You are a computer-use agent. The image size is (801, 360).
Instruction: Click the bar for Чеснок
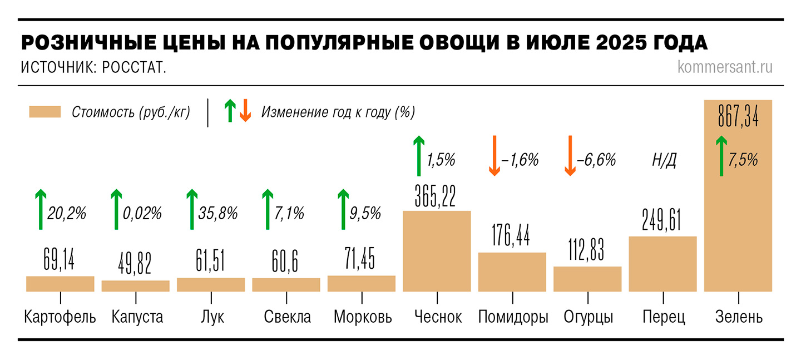pos(437,251)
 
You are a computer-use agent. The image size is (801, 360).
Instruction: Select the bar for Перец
pos(662,264)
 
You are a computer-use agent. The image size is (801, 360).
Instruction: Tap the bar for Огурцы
pos(587,279)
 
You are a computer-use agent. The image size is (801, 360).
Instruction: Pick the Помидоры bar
pos(512,272)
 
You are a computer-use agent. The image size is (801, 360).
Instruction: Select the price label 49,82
pos(135,263)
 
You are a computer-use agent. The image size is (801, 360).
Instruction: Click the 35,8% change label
pos(218,213)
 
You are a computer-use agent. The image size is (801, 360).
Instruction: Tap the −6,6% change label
pos(596,160)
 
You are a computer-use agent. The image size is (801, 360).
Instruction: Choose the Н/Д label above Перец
pos(664,161)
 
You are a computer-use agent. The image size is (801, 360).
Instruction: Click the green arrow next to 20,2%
pos(40,209)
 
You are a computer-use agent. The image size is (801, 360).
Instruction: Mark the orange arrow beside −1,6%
pos(493,156)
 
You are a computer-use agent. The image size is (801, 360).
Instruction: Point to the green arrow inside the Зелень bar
pos(721,156)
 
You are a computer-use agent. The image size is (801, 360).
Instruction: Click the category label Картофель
pos(60,317)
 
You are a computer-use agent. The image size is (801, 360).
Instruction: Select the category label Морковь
pos(363,317)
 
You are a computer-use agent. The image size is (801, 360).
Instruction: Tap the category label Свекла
pos(287,317)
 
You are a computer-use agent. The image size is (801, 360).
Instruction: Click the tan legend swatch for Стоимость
pos(44,112)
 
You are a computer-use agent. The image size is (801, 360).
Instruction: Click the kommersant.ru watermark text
pos(725,67)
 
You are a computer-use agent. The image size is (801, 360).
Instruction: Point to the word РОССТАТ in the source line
pos(134,68)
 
